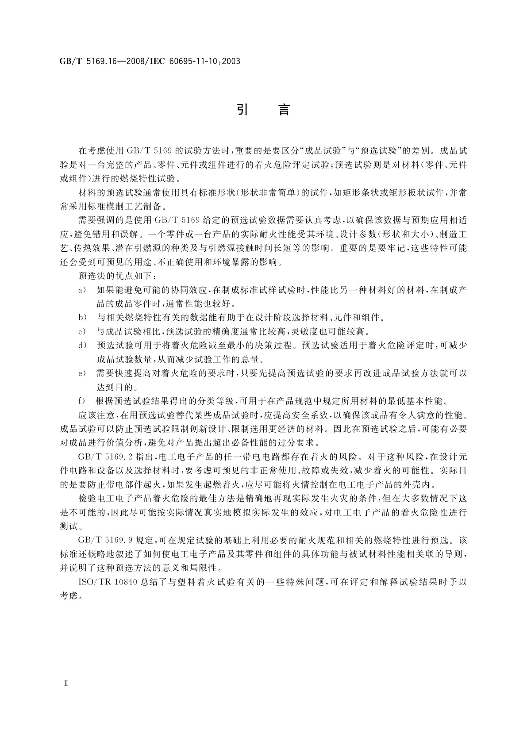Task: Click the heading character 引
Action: [x=242, y=109]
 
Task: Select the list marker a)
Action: [x=82, y=291]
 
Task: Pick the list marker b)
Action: [x=82, y=317]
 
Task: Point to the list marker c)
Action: [x=82, y=331]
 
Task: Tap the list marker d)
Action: [x=82, y=346]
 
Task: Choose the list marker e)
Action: [x=82, y=373]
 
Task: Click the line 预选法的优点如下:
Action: [x=117, y=276]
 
